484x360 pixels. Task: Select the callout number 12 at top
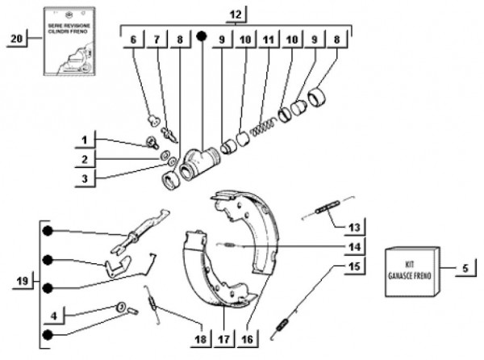[x=235, y=15]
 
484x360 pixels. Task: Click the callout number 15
[x=353, y=266]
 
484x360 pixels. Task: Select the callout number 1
[x=86, y=138]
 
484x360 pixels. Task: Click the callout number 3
[x=86, y=177]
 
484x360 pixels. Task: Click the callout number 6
[x=133, y=40]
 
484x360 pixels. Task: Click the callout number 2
[x=86, y=157]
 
